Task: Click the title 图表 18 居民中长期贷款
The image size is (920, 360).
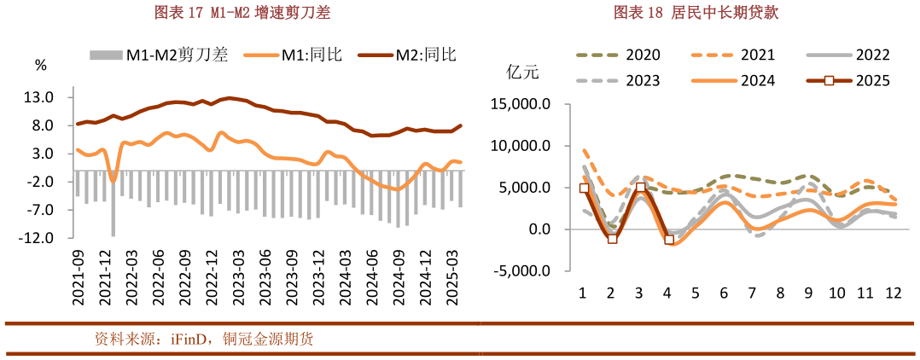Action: coord(696,12)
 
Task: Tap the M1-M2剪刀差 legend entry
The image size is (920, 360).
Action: coord(159,55)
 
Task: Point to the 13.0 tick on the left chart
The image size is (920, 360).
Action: coord(41,97)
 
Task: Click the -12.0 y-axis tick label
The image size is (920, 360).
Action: coord(38,237)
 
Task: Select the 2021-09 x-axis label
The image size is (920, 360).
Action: coord(78,275)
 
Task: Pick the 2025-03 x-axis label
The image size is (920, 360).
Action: coord(455,275)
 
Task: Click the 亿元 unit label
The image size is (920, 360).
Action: coord(521,72)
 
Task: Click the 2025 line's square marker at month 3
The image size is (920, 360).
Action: coord(640,188)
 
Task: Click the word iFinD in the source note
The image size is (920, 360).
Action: coord(177,339)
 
